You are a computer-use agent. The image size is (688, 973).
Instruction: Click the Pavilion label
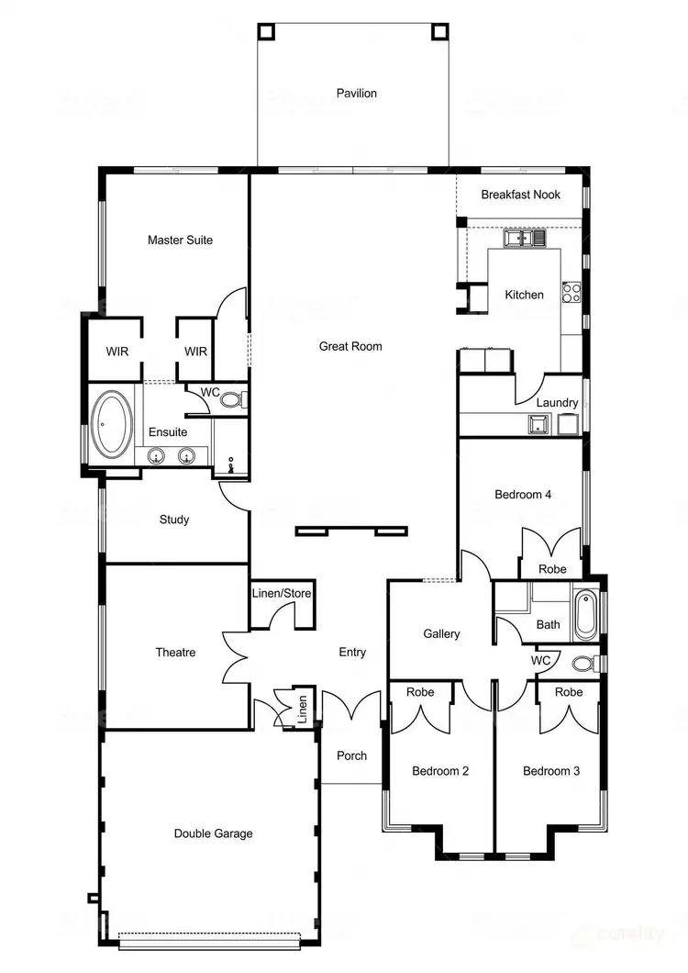[356, 94]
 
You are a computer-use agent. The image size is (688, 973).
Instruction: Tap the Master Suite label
[180, 240]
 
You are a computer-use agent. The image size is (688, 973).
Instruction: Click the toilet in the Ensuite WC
[231, 400]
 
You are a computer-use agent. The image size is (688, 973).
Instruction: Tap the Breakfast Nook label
[520, 195]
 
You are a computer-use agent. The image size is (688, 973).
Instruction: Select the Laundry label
[557, 403]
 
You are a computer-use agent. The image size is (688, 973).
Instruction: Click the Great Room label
[350, 347]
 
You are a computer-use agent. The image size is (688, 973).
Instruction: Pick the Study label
[174, 520]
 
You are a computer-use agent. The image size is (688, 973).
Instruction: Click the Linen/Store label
[282, 594]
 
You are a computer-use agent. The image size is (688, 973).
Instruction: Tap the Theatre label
[175, 653]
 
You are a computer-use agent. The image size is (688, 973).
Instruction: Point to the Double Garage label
[213, 833]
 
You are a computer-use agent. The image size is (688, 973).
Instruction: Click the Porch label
[351, 756]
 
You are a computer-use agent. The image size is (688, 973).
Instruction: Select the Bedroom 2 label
[440, 771]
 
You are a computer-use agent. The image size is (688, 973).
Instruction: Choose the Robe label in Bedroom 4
[552, 569]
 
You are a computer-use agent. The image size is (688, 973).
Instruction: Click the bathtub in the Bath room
[585, 616]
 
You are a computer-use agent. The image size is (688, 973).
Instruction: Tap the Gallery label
[441, 634]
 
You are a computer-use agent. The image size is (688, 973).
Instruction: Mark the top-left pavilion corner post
[265, 30]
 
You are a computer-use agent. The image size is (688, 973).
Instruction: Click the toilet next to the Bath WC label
[582, 663]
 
